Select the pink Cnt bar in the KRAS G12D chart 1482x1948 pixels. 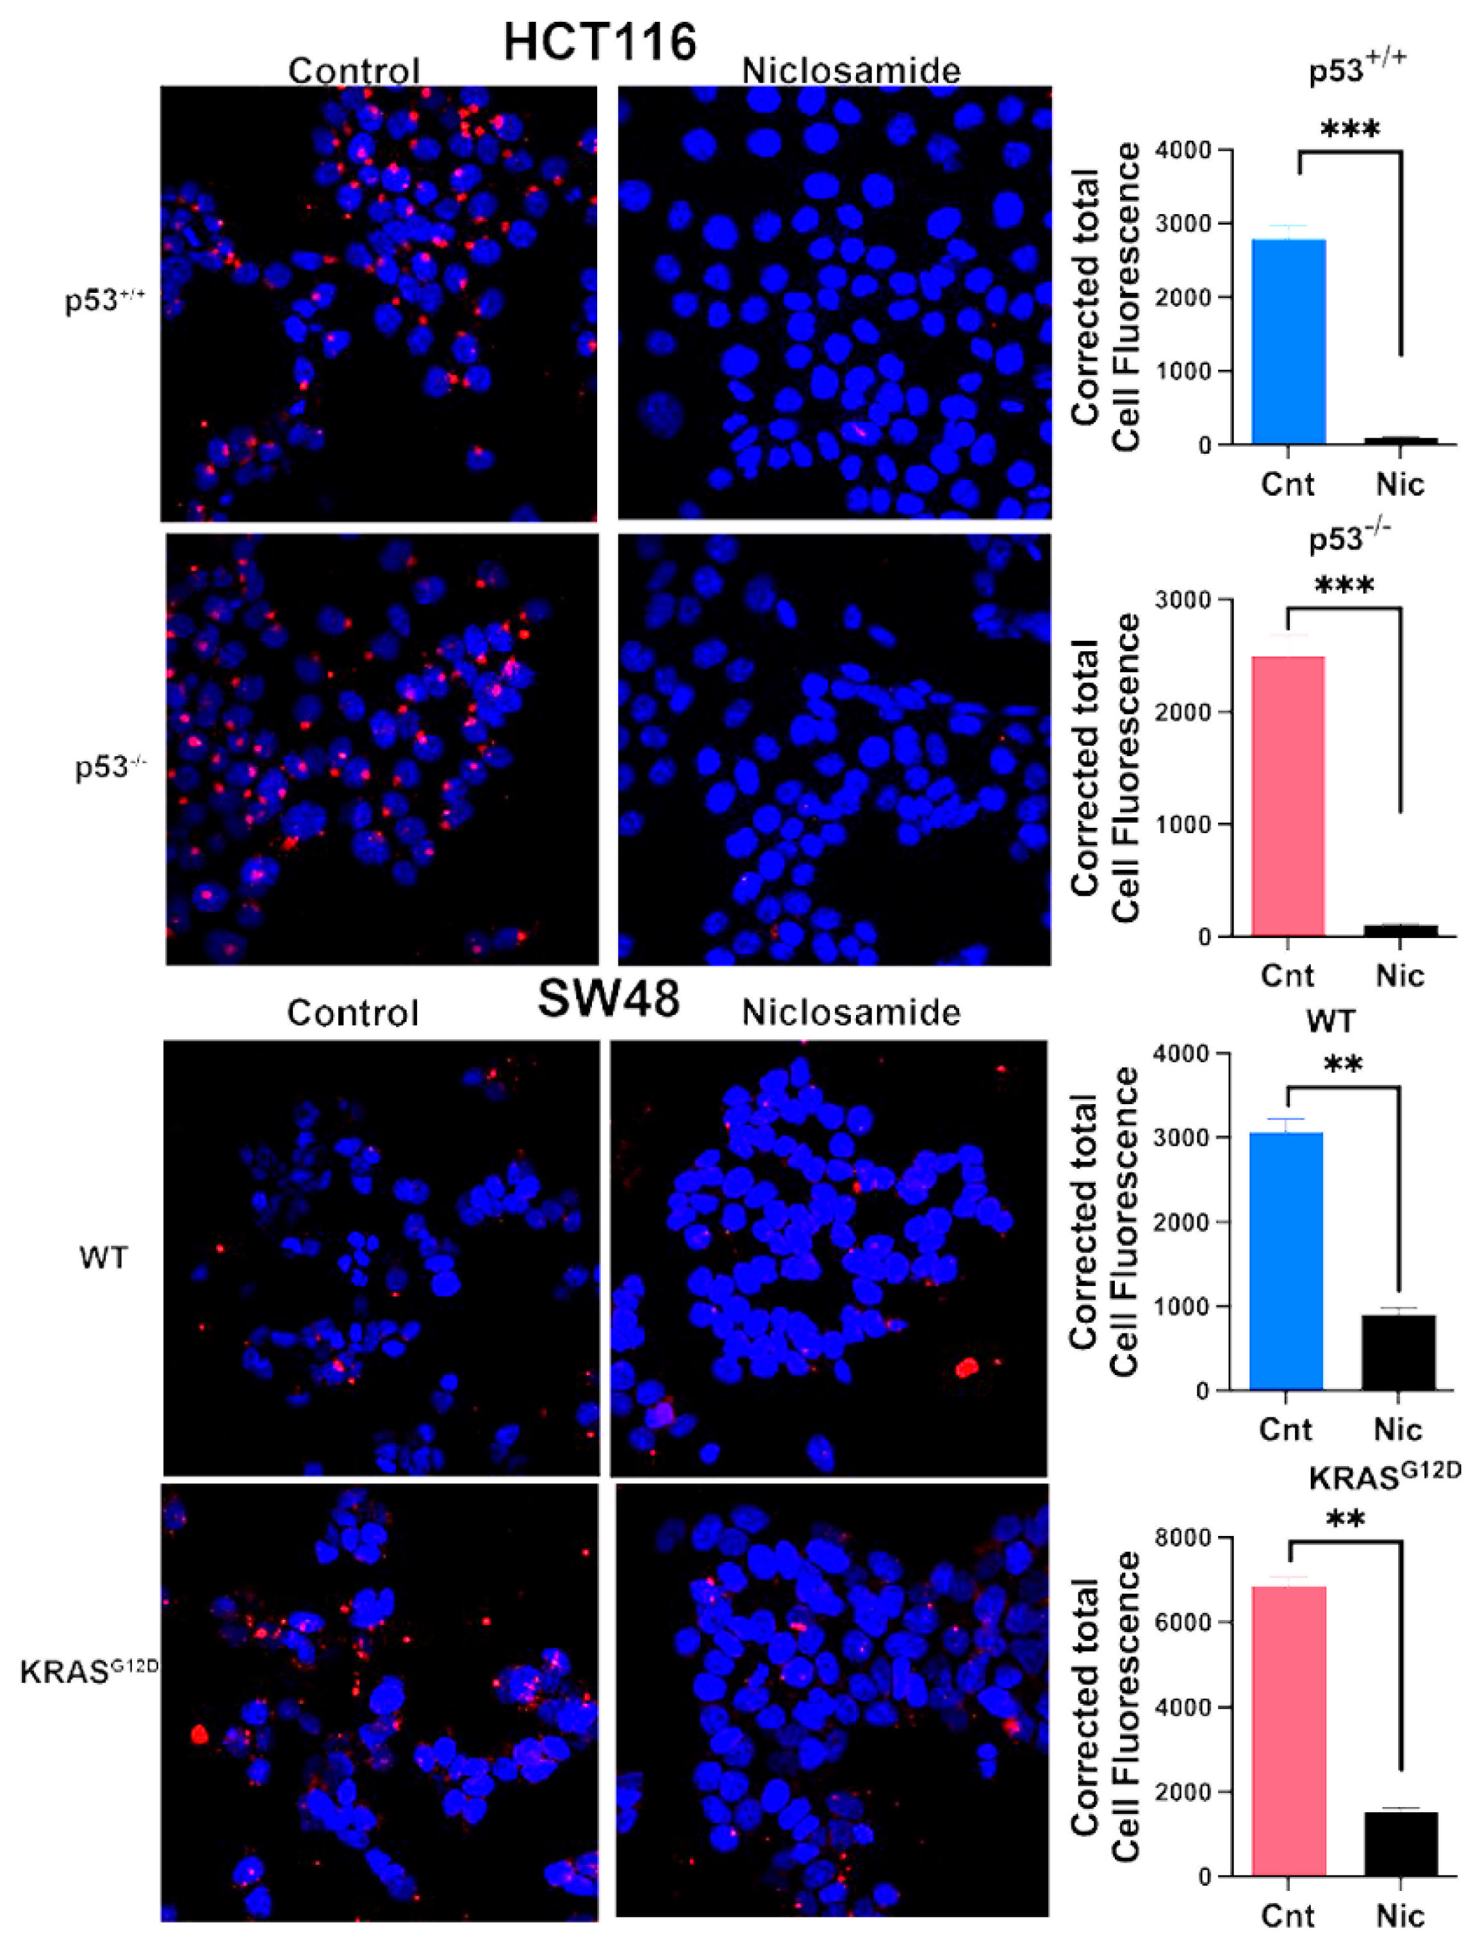pos(1289,1730)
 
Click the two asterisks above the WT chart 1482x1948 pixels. pos(1342,1065)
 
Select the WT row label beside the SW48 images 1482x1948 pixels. pos(103,1257)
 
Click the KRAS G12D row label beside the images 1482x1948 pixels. pos(88,1670)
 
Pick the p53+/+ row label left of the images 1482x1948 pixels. pos(104,300)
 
